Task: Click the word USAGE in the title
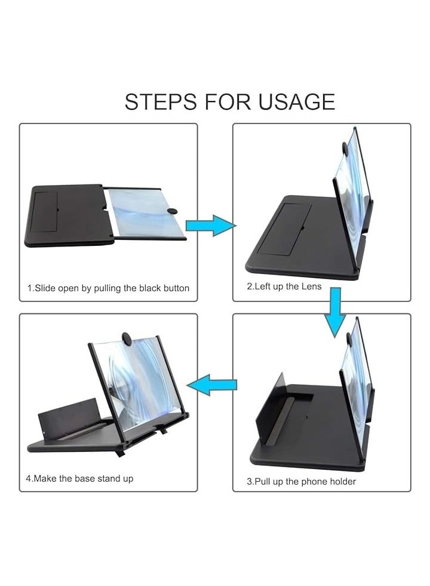[296, 102]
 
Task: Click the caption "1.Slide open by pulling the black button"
[108, 288]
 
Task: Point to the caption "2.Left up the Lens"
[284, 286]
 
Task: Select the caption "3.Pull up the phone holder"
[301, 481]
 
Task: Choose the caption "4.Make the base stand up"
[79, 479]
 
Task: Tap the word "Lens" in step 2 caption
[311, 286]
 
